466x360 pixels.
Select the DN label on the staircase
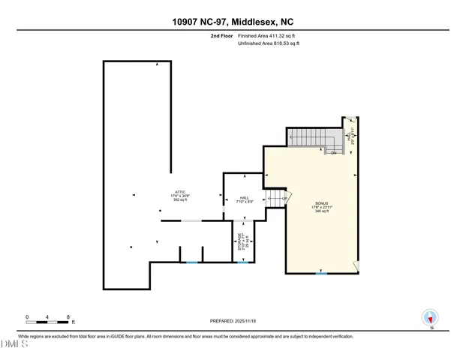pos(333,153)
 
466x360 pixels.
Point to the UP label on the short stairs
pos(284,198)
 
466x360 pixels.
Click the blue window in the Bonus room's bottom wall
pos(321,274)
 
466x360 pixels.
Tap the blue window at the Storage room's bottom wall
pos(242,262)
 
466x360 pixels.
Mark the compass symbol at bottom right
pos(430,317)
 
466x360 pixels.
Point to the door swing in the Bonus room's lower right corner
pos(357,265)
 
